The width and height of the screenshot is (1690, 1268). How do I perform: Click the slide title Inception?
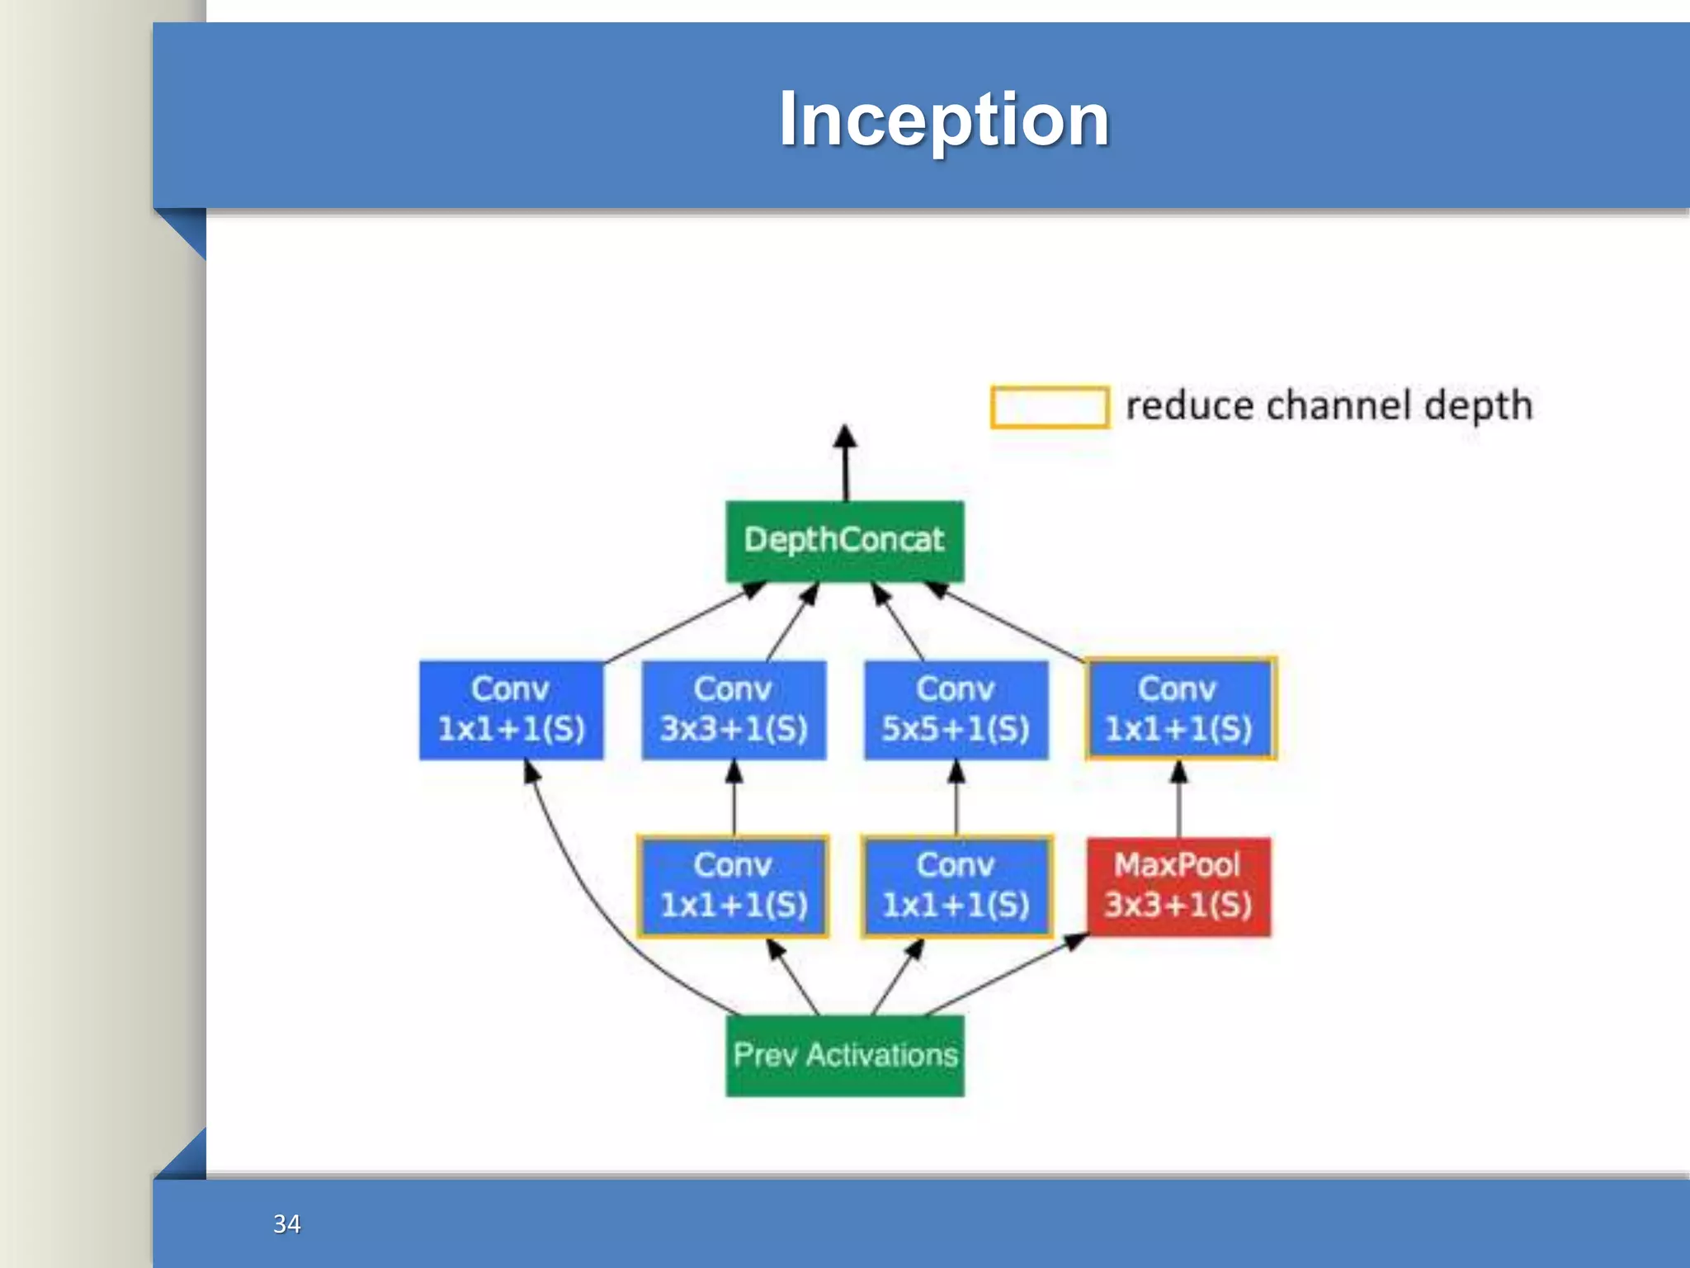[944, 121]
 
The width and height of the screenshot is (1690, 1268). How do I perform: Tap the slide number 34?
[286, 1223]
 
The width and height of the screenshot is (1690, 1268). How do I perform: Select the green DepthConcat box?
[844, 541]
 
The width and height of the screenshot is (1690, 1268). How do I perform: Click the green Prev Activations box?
[844, 1055]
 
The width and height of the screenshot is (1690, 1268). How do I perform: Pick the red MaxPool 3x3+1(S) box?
[1178, 886]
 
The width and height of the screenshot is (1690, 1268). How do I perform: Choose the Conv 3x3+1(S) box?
[734, 710]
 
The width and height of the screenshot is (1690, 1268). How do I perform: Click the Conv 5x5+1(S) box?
[956, 710]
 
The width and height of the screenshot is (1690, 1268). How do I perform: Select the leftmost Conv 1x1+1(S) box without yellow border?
[511, 710]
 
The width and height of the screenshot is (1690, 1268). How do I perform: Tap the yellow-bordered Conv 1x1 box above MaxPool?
[1180, 708]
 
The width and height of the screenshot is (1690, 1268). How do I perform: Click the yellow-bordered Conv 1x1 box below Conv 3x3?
[733, 886]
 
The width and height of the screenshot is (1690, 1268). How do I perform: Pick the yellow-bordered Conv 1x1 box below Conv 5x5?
[956, 886]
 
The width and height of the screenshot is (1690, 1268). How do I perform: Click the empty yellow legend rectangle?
[1049, 407]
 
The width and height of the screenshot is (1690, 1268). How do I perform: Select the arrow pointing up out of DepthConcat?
[844, 462]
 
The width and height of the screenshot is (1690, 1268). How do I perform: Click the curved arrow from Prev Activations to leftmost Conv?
[594, 908]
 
